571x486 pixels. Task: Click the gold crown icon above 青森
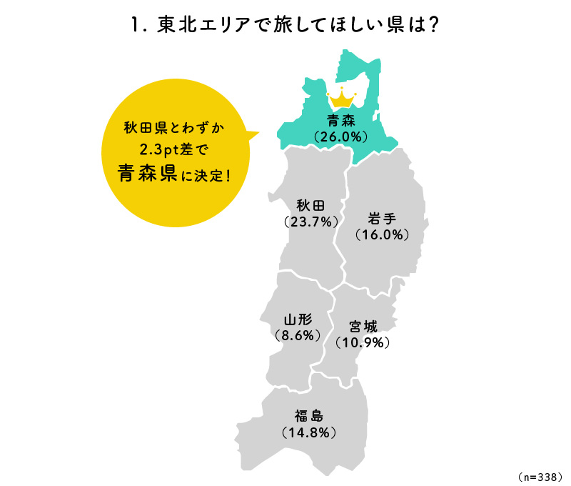[340, 98]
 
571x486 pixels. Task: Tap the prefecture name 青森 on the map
[340, 119]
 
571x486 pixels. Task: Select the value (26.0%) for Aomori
[340, 135]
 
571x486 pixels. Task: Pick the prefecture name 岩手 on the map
[382, 218]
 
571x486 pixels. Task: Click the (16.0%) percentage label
[382, 234]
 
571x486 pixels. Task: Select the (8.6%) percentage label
[296, 334]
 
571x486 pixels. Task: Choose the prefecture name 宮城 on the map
[363, 327]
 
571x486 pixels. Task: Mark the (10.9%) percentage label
[363, 342]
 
